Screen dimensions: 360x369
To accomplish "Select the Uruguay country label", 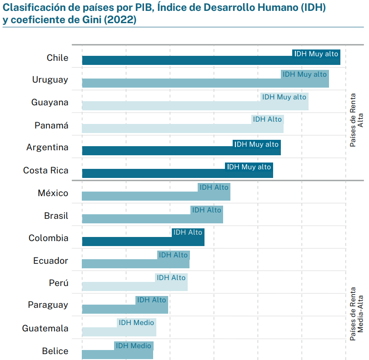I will [50, 80].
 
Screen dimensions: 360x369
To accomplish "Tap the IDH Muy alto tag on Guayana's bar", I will [284, 97].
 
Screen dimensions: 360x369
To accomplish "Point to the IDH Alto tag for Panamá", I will [267, 119].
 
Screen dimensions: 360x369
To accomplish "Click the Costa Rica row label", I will [45, 171].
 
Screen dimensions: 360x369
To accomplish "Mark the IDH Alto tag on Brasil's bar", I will [206, 210].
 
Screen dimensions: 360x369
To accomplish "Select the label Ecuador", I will [50, 261].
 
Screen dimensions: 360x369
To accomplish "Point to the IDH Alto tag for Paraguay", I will [151, 300].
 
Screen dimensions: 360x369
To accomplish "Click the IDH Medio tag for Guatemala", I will [136, 323].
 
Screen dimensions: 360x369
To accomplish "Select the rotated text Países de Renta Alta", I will [357, 120].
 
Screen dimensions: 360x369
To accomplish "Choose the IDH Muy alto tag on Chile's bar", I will [316, 54].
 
